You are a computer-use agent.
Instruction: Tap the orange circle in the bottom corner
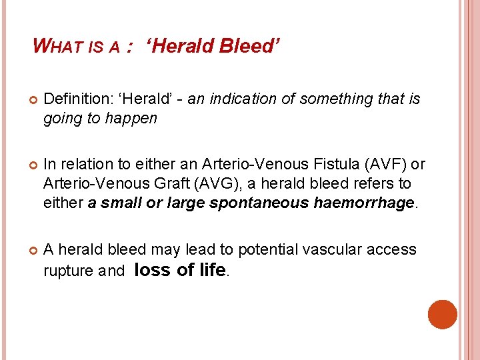(443, 314)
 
